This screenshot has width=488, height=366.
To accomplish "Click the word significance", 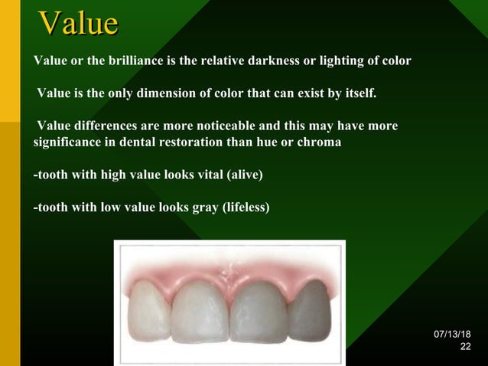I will [x=73, y=142].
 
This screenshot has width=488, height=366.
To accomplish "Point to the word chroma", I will [x=322, y=142].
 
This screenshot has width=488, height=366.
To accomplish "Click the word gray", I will [x=197, y=208].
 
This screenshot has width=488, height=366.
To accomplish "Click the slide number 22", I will [x=465, y=348].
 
